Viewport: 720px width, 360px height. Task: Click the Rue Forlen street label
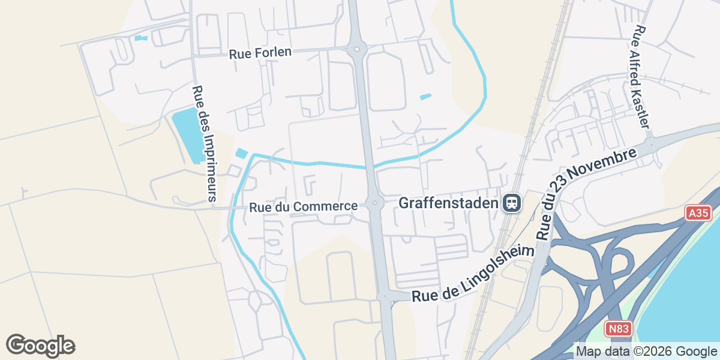pyautogui.click(x=260, y=53)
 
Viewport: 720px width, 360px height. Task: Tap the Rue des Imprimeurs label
pyautogui.click(x=204, y=143)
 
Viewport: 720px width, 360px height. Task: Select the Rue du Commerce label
pyautogui.click(x=304, y=206)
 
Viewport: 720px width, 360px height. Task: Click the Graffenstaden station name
pyautogui.click(x=449, y=203)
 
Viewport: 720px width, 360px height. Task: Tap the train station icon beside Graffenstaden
pyautogui.click(x=512, y=203)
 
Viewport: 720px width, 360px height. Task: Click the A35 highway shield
pyautogui.click(x=698, y=213)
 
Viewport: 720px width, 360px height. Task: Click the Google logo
pyautogui.click(x=40, y=346)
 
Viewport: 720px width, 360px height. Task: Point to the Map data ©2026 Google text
pyautogui.click(x=646, y=351)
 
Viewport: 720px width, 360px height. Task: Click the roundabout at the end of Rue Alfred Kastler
pyautogui.click(x=650, y=145)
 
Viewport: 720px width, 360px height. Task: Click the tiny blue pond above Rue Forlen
pyautogui.click(x=141, y=38)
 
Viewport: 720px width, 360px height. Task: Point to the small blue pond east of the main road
pyautogui.click(x=425, y=97)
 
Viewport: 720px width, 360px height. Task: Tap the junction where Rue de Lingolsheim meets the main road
pyautogui.click(x=385, y=295)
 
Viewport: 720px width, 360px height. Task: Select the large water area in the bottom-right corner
pyautogui.click(x=684, y=312)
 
